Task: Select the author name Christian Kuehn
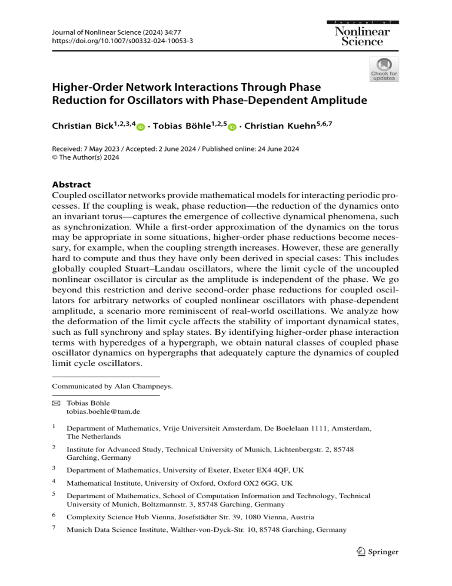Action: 288,126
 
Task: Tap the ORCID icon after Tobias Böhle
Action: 231,127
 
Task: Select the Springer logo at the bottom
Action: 376,552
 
